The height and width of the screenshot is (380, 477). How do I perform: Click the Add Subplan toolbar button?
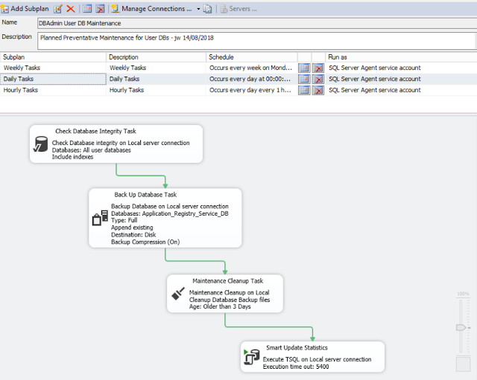tap(25, 9)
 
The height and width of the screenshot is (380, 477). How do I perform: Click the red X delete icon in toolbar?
tap(71, 9)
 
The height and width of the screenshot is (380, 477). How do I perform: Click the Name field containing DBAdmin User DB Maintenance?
tap(257, 23)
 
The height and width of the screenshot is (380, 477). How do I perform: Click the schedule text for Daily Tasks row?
tap(250, 79)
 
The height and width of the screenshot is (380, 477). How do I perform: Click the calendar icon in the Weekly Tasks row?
tap(304, 68)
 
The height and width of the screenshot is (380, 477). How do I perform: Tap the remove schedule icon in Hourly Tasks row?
tap(318, 90)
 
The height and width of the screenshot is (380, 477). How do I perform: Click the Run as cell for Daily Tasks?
tap(374, 79)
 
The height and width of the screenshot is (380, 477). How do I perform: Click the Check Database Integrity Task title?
tap(95, 131)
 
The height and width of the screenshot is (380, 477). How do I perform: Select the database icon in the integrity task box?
tap(40, 144)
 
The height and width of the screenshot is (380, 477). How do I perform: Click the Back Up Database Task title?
tap(145, 195)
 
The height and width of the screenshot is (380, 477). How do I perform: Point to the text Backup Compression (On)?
tap(145, 242)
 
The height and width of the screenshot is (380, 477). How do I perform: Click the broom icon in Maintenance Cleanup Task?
tap(178, 294)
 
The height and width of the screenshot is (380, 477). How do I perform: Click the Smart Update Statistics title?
tap(297, 348)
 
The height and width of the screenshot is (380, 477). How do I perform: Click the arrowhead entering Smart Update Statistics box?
tap(312, 338)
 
